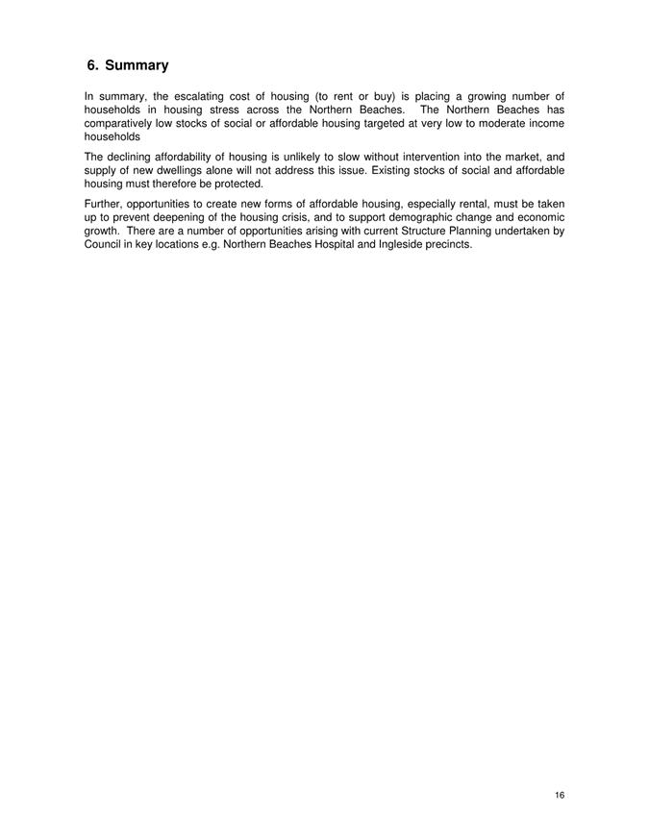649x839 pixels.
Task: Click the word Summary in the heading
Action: [x=137, y=66]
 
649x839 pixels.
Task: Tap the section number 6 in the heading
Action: [x=92, y=66]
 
